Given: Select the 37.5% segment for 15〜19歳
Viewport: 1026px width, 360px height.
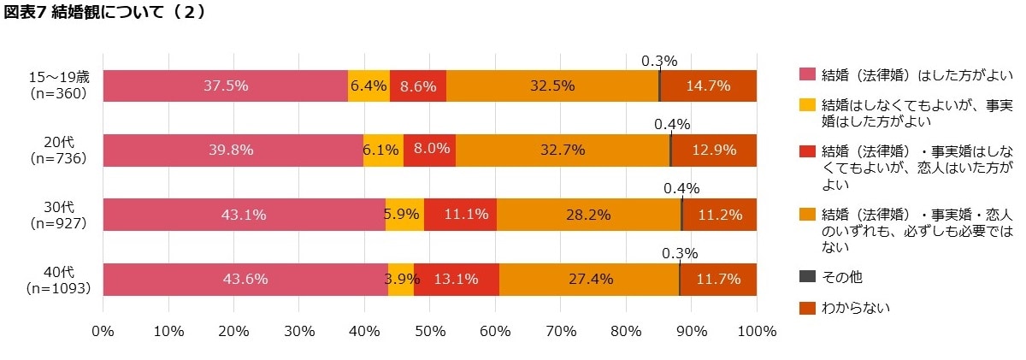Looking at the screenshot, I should [225, 86].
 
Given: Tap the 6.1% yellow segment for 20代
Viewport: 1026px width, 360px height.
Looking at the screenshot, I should [383, 150].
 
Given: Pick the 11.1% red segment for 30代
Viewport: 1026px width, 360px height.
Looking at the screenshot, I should [460, 215].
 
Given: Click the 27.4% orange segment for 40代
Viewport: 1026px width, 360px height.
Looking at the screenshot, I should [589, 279].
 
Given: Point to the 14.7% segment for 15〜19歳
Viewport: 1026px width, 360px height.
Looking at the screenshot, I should [708, 86].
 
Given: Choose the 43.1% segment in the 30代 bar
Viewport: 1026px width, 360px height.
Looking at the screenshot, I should [244, 215].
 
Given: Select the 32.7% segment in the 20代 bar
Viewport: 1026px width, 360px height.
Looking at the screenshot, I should [563, 150].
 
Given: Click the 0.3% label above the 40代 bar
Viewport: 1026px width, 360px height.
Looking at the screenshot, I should [680, 253].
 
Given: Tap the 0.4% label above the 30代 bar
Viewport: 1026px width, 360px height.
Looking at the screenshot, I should [681, 188].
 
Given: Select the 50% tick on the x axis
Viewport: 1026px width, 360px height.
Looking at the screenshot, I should [430, 331].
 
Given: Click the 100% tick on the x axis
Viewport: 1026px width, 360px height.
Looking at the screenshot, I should [756, 331].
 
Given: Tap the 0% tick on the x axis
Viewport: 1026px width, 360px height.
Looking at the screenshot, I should [103, 331].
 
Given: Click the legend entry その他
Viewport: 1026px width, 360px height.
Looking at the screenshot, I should [843, 277].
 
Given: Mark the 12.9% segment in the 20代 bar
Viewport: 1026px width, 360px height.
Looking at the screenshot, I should [714, 150].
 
